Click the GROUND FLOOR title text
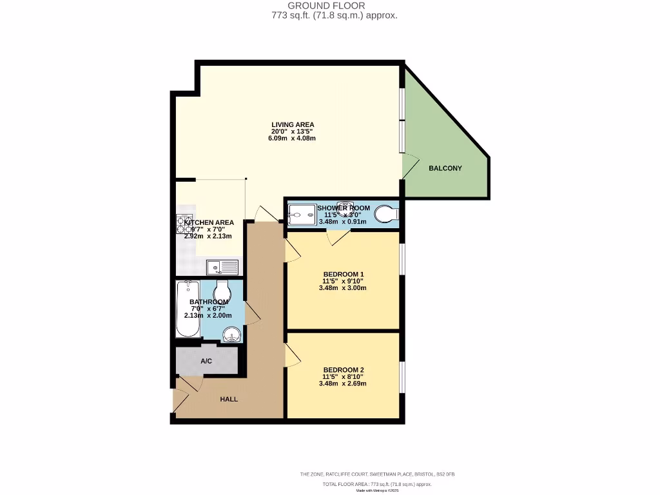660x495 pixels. coord(330,5)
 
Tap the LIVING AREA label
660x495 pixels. coord(293,124)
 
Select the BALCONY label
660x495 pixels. coord(445,168)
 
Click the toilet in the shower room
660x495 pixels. coord(386,213)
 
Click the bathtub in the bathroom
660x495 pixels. coord(188,309)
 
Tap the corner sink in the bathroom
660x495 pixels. coord(232,334)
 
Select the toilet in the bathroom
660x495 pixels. coord(222,290)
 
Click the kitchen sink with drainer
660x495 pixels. coord(222,266)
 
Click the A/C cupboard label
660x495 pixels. coord(206,362)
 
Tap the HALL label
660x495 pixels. coord(229,399)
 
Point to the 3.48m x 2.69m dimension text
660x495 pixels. coord(342,383)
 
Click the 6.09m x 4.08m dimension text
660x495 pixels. coord(293,139)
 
